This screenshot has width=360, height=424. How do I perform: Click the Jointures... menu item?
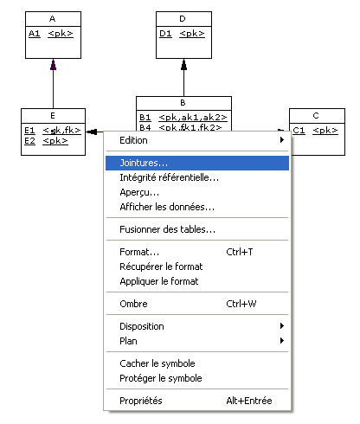click(x=197, y=163)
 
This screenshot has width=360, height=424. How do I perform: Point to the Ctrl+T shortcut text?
click(x=240, y=252)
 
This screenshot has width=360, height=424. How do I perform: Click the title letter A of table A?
click(x=52, y=19)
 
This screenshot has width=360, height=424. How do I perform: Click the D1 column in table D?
click(x=165, y=34)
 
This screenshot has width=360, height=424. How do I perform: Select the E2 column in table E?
click(x=29, y=141)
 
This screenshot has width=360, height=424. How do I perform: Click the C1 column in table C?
click(x=299, y=131)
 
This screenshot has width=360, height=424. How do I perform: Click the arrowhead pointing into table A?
click(x=53, y=65)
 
